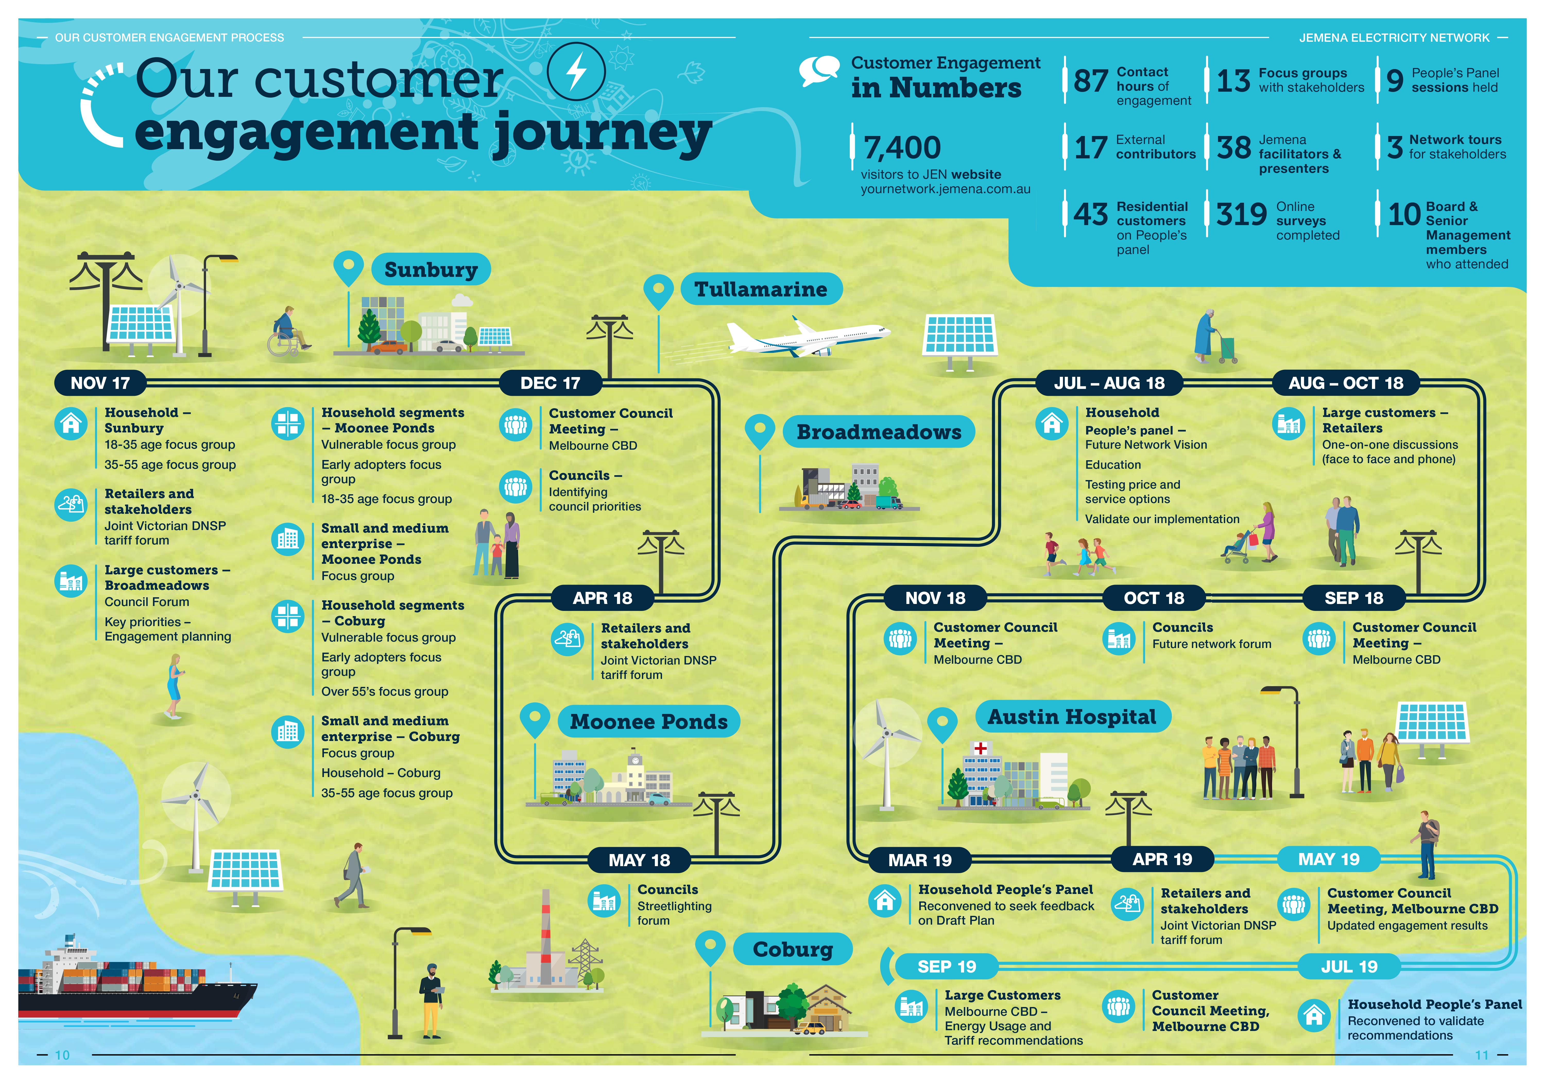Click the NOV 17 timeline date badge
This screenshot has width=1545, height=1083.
click(x=100, y=383)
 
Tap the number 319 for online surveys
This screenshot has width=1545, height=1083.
click(x=1241, y=215)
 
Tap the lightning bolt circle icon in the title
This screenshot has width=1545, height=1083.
click(x=576, y=71)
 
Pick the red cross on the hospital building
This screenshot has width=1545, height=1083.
click(x=980, y=748)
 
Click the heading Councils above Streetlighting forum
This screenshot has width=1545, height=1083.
click(x=667, y=890)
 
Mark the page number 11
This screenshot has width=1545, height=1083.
click(x=1482, y=1055)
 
